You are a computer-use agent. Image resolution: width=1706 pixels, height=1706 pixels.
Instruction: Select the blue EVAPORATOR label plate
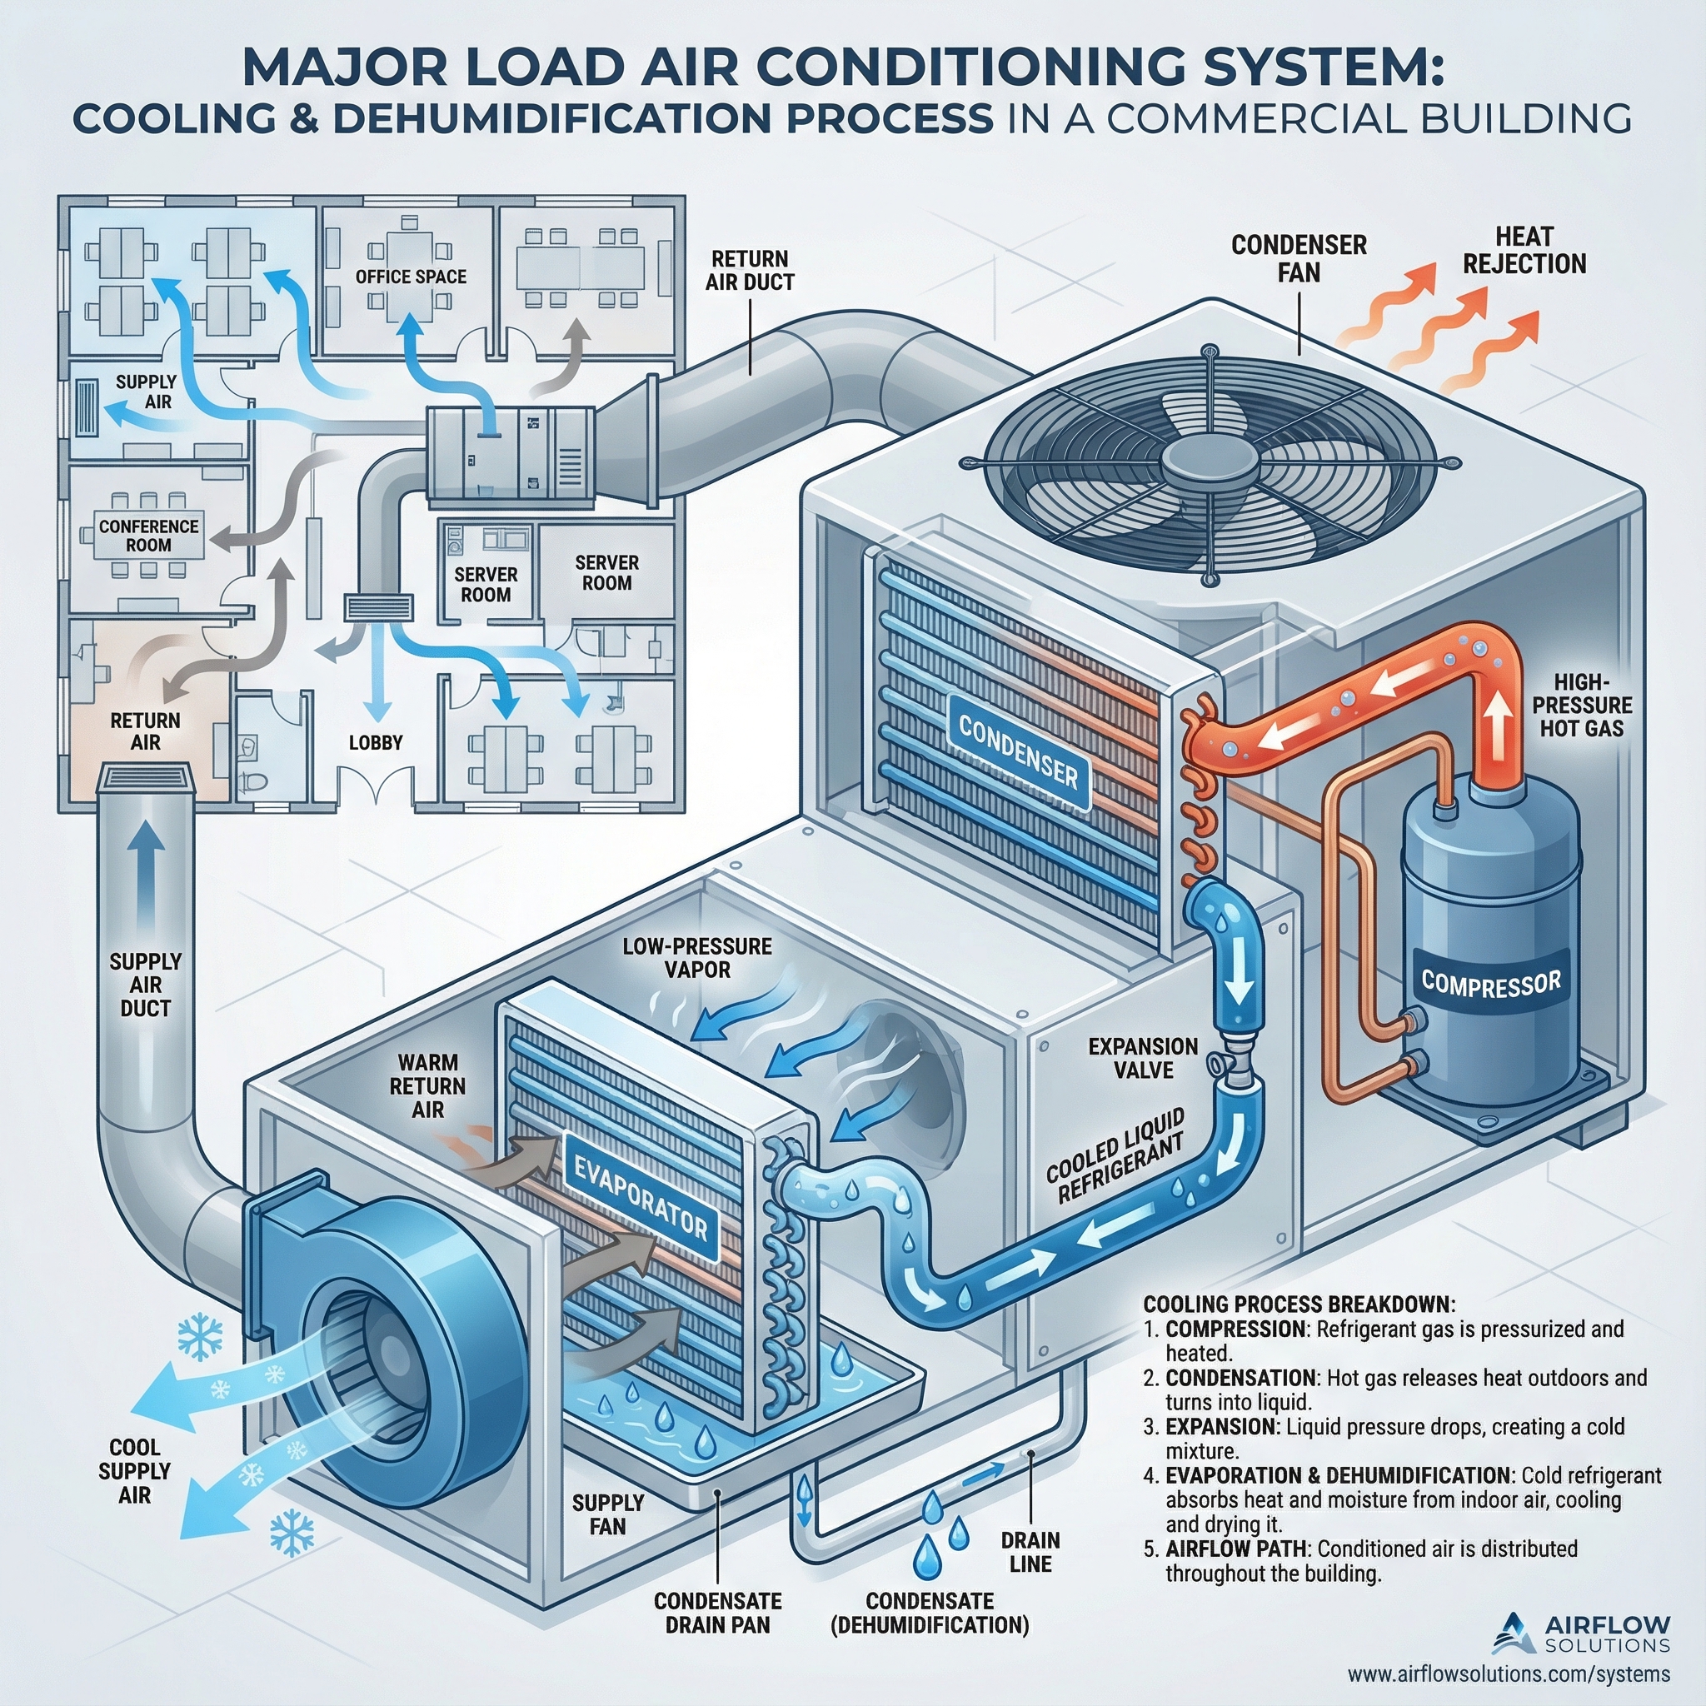pyautogui.click(x=641, y=1196)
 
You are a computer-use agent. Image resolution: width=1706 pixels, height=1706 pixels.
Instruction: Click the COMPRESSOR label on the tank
pyautogui.click(x=1490, y=983)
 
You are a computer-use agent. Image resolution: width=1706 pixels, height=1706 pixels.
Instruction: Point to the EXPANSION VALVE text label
pyautogui.click(x=1143, y=1058)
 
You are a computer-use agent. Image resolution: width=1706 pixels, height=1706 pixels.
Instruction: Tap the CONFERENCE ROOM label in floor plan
pyautogui.click(x=148, y=535)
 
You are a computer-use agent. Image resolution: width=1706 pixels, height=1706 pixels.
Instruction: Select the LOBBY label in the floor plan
pyautogui.click(x=376, y=742)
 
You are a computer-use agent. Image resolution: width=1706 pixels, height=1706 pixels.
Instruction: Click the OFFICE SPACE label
pyautogui.click(x=411, y=277)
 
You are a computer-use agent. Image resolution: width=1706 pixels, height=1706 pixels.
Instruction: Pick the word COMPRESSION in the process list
pyautogui.click(x=1235, y=1354)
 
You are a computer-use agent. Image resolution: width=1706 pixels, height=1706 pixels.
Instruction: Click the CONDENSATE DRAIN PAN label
pyautogui.click(x=717, y=1613)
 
